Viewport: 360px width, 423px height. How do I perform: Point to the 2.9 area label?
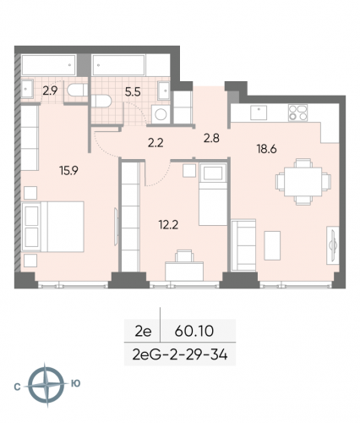click(50, 87)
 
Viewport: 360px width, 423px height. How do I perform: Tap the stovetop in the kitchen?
click(298, 112)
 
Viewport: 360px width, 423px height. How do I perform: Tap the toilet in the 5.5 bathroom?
click(103, 98)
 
